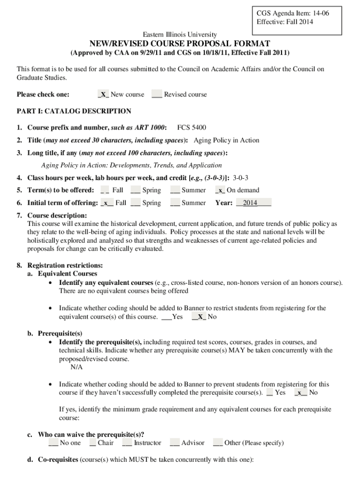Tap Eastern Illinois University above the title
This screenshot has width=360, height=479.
180,34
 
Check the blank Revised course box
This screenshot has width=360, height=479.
157,94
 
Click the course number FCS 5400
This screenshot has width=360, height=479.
192,128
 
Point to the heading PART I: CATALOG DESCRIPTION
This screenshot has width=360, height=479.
74,111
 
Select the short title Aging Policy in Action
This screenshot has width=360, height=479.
226,140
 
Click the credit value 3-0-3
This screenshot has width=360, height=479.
240,178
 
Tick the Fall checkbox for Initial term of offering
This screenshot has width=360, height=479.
108,203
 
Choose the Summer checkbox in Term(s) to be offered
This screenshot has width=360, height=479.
175,190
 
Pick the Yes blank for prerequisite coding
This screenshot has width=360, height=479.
270,392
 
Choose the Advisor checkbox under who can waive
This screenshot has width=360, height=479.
175,443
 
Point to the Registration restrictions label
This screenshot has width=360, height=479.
65,266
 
